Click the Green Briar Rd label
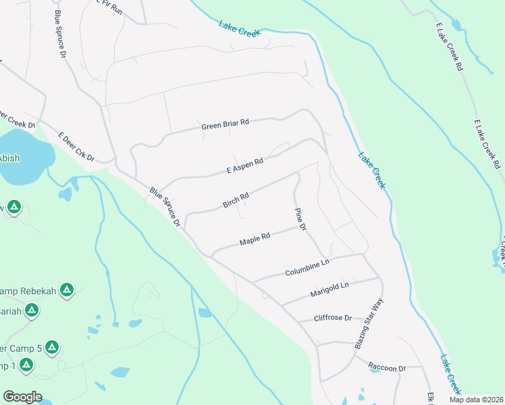click(x=225, y=124)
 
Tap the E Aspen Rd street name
click(x=244, y=165)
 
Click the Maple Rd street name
click(x=255, y=239)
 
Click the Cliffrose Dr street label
click(x=333, y=318)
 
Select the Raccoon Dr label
click(x=386, y=368)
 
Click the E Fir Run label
click(x=110, y=7)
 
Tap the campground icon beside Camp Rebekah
click(x=66, y=291)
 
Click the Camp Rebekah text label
click(x=27, y=291)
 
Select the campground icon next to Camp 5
click(x=52, y=348)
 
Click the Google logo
click(x=22, y=396)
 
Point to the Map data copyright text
click(x=476, y=400)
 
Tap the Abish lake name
click(x=9, y=159)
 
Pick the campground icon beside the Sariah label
click(x=30, y=310)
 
